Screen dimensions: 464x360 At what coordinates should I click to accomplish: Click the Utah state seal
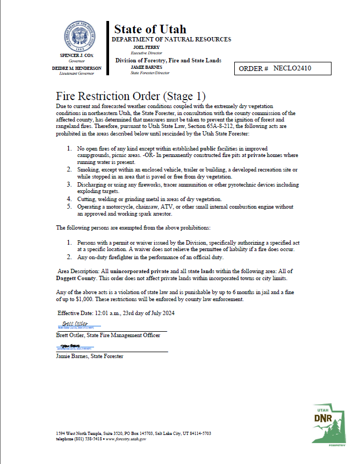80,37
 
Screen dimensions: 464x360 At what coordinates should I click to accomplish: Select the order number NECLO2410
292,69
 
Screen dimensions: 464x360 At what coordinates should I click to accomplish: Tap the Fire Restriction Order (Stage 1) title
131,96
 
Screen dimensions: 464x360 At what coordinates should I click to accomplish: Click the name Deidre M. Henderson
80,68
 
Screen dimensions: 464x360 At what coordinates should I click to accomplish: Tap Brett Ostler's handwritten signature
70,324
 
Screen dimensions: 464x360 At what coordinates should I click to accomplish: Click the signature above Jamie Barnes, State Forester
69,345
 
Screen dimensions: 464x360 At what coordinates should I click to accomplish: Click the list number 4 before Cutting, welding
69,199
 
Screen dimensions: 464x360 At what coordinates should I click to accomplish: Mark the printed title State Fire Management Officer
123,335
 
